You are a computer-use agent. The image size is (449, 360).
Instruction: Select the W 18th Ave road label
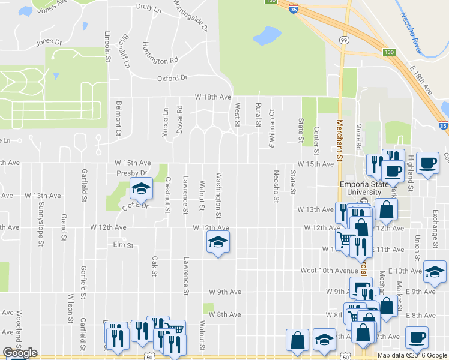coord(213,97)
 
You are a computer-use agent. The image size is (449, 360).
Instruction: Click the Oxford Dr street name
coord(172,78)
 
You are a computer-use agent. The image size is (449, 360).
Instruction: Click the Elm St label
coord(122,245)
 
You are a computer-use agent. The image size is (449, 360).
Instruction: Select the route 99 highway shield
coord(343,40)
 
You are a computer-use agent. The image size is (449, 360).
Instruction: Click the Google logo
coord(19,353)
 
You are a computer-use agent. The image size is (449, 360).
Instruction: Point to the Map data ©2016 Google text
coord(412,355)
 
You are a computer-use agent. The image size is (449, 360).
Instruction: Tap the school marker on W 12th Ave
coord(218,242)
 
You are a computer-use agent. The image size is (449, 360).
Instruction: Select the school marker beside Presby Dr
coord(141,190)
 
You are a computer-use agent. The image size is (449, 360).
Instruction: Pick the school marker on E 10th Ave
coord(435,272)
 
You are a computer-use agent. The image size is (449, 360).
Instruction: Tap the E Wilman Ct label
coord(271,128)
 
